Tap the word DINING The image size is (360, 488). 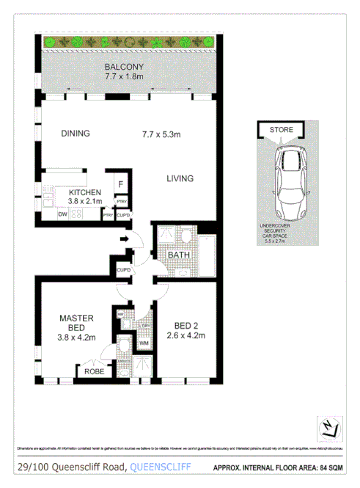[76, 134]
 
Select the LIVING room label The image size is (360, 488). [179, 178]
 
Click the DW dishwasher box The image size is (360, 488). [63, 215]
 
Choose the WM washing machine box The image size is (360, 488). [144, 343]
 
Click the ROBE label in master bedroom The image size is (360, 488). [94, 372]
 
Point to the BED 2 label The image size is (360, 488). [185, 325]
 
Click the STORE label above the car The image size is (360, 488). [281, 130]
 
